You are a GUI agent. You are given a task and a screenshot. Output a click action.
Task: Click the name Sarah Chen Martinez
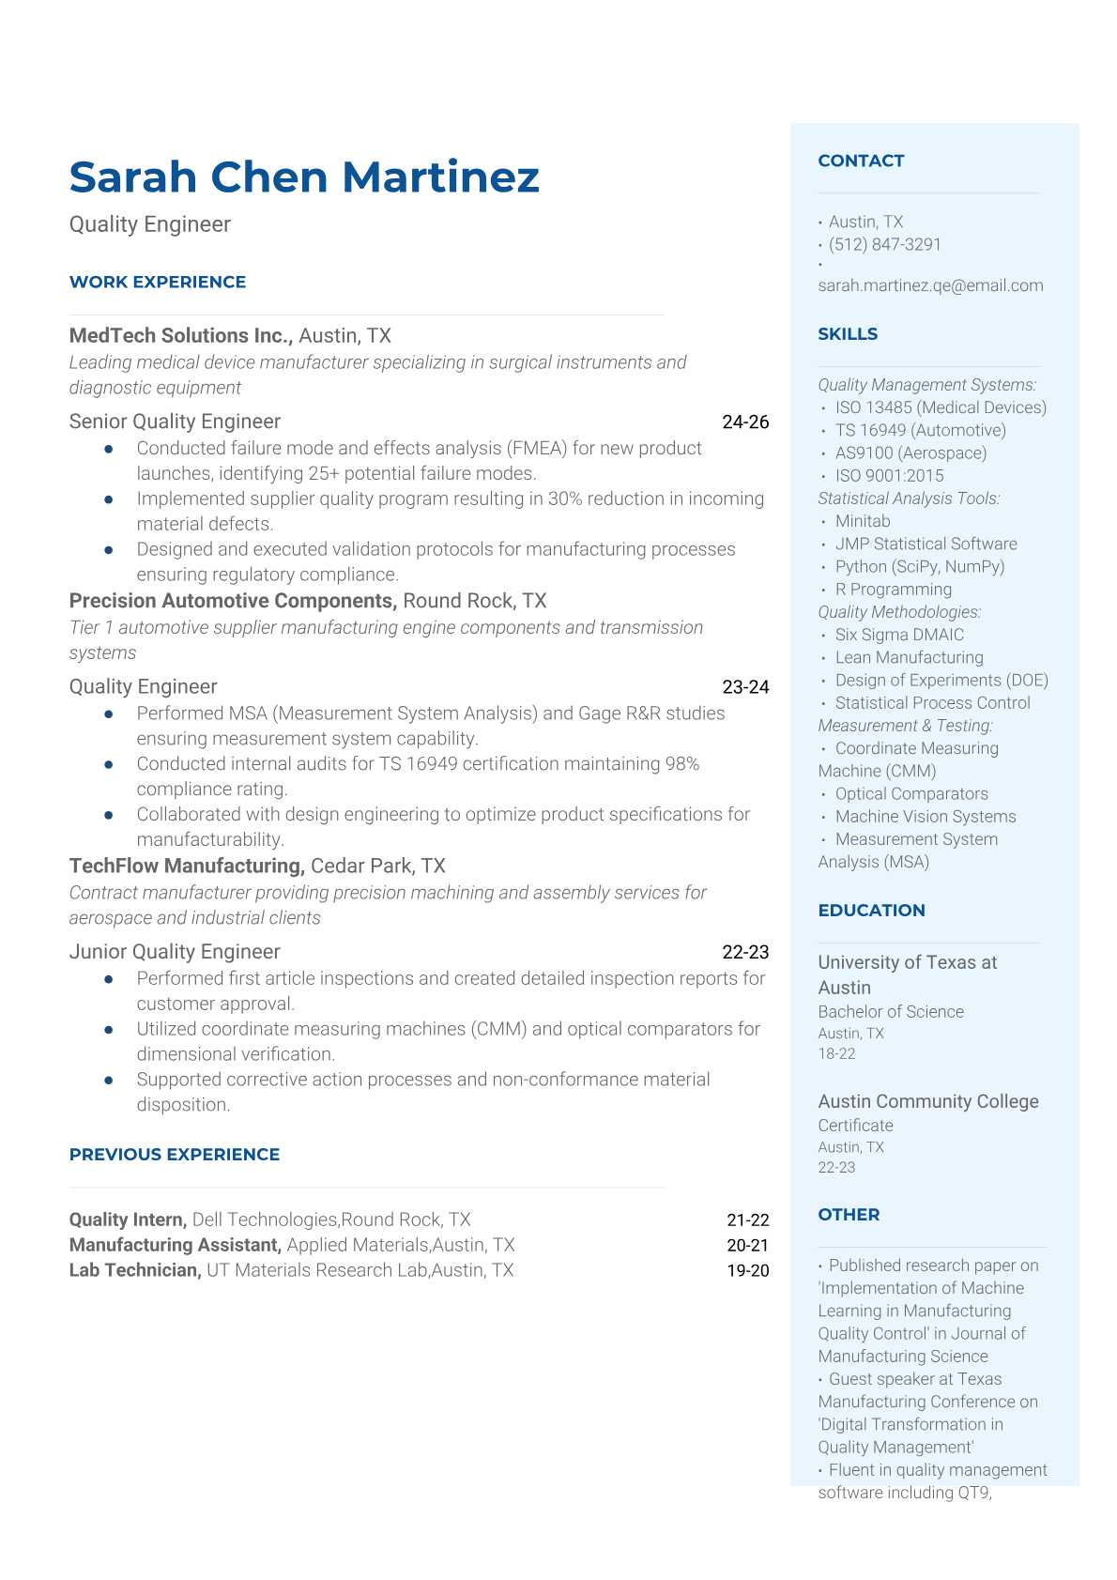304,177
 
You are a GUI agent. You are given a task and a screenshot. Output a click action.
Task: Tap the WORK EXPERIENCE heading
158,282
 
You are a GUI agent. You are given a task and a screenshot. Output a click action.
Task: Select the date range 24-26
745,422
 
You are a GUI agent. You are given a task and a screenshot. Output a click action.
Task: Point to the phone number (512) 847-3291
884,244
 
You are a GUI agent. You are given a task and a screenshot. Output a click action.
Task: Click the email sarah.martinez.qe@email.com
930,285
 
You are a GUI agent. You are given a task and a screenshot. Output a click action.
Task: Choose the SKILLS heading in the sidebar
848,334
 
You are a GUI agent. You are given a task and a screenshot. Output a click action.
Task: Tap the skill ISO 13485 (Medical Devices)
941,407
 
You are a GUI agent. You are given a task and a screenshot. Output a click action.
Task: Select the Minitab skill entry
863,521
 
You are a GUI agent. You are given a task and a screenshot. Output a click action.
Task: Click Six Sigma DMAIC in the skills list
899,635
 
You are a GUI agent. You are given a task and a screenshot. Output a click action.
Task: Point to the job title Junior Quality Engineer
175,952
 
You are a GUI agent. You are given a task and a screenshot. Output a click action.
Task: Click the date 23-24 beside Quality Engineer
745,687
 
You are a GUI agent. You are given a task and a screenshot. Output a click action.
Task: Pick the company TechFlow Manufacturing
186,866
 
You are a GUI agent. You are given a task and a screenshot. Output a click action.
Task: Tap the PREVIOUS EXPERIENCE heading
175,1155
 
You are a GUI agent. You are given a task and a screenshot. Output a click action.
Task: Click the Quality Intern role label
127,1220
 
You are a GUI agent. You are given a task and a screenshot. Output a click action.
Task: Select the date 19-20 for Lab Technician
747,1270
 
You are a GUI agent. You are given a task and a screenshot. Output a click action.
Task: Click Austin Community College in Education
928,1101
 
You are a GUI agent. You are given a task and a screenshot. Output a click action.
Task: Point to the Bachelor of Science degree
891,1011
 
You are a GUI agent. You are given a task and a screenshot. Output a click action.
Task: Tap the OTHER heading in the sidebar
849,1215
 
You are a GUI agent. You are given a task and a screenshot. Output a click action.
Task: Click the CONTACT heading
861,161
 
